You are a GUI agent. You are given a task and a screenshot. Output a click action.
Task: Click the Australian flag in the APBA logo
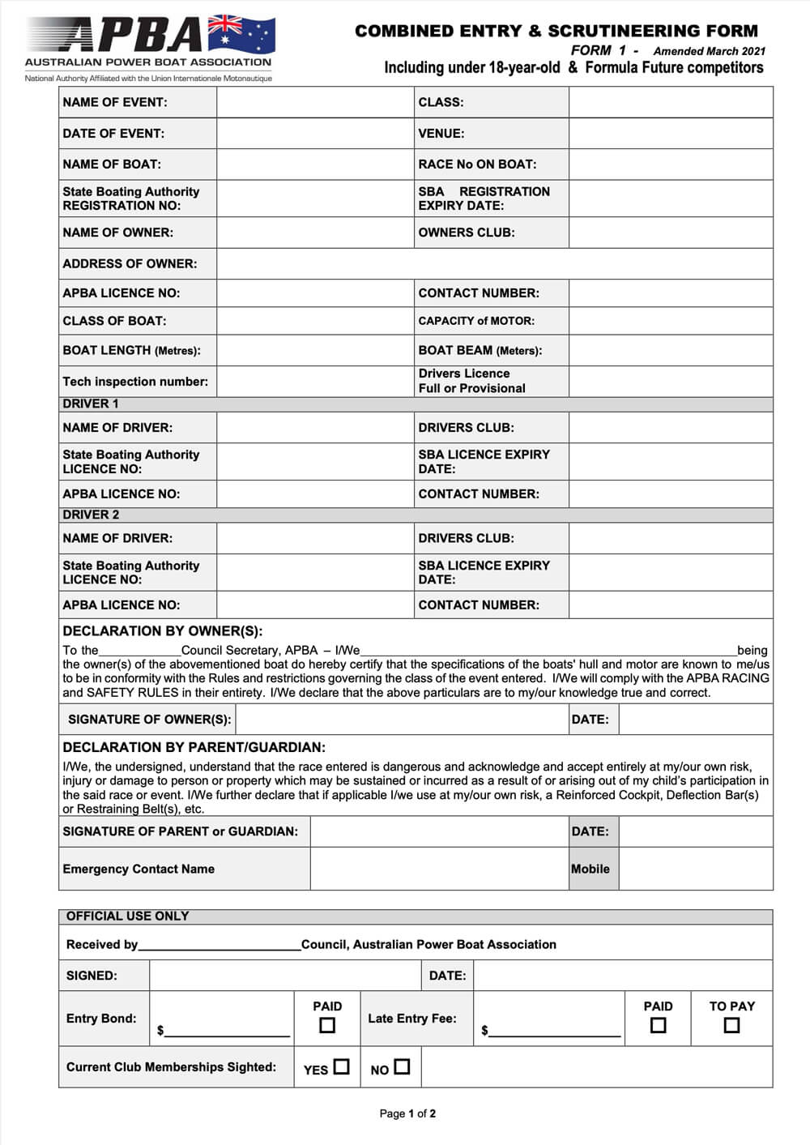pos(241,34)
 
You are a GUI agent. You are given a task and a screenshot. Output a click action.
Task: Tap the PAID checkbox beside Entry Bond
pos(327,1026)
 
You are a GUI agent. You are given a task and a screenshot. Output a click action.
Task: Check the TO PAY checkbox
pos(731,1026)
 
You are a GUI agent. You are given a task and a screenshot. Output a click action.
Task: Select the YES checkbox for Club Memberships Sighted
pos(342,1067)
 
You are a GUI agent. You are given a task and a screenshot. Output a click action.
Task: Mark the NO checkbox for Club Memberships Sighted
pos(402,1067)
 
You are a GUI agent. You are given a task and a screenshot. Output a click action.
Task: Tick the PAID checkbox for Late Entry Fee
pos(658,1026)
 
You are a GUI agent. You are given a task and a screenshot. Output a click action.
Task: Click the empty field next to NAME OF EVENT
pos(315,103)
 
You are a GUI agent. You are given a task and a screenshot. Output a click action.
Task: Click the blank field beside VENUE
pos(671,134)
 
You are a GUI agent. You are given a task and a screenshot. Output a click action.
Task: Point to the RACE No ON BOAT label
pos(477,164)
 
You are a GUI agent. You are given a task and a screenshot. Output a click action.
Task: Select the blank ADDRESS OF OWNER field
pos(494,264)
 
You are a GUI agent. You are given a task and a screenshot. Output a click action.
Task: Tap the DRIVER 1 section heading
pos(91,404)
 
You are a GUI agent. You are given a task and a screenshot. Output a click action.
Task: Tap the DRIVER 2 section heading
pos(91,515)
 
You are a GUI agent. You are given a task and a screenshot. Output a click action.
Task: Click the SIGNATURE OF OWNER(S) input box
pos(402,720)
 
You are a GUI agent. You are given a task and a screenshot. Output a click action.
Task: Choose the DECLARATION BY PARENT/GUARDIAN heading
pos(194,748)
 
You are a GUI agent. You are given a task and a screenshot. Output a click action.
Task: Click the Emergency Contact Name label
pos(139,869)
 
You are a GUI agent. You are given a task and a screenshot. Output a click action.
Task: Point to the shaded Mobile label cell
pos(590,869)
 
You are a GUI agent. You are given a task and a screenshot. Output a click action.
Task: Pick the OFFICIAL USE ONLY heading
pos(127,916)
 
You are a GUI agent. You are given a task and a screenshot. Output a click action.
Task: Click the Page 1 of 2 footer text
pos(407,1114)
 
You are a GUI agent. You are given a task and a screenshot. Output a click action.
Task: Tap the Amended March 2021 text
pos(709,51)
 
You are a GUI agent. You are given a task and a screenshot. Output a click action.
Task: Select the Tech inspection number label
pos(135,382)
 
